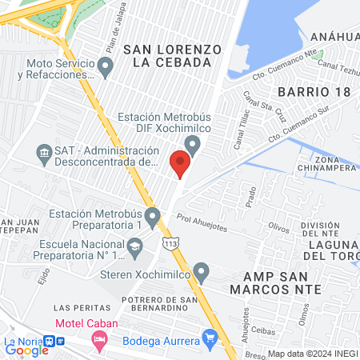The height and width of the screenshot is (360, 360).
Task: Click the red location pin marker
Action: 181,163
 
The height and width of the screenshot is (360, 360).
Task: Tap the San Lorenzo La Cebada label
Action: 172,55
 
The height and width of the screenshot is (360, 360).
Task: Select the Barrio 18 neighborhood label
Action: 315,92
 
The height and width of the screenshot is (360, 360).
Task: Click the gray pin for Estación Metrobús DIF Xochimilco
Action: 192,144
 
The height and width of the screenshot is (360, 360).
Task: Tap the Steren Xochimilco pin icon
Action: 202,273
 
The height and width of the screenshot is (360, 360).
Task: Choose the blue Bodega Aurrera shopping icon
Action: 210,338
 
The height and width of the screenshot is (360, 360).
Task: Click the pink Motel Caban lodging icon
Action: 99,340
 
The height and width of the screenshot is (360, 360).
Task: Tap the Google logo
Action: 26,350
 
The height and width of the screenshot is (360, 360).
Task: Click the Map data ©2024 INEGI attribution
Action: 312,354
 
